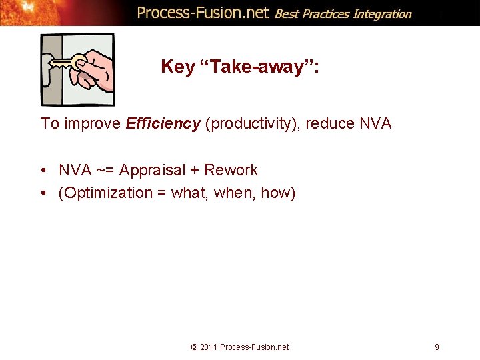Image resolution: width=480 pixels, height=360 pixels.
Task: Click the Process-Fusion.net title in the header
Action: tap(203, 13)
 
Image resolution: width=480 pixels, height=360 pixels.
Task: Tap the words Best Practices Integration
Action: tap(343, 13)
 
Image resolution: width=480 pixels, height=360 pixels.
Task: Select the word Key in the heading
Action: tap(177, 67)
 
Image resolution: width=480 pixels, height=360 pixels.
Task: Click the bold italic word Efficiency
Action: tap(163, 123)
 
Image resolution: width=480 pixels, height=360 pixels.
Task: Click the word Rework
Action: tap(231, 170)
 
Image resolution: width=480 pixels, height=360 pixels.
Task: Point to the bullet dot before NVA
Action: tap(43, 171)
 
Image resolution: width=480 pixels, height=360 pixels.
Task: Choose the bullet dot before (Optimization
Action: tap(43, 193)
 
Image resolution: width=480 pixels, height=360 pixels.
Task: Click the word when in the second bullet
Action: tap(234, 193)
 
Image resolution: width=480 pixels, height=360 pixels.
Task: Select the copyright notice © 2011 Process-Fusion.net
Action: tap(239, 347)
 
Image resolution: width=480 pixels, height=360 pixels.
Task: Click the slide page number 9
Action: tap(437, 347)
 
